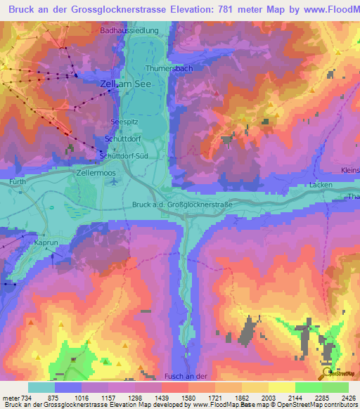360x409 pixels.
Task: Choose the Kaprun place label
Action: tap(46, 242)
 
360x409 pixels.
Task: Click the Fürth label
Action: tap(18, 181)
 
